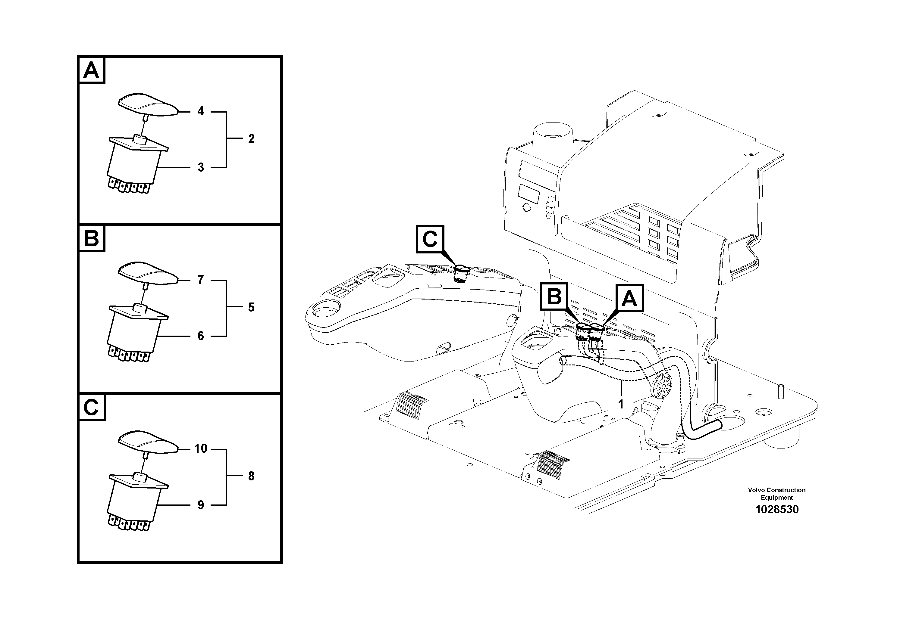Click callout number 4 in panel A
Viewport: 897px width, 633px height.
200,111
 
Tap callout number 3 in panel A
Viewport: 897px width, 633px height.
200,167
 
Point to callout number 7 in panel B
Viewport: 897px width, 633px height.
200,280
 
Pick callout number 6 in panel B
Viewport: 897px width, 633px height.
200,336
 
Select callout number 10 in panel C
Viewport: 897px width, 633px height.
201,449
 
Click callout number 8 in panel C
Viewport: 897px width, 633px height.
251,476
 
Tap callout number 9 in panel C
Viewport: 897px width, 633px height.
200,505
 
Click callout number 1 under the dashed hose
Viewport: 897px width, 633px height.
621,404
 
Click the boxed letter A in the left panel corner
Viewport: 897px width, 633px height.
91,70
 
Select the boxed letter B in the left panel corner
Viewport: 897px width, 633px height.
91,238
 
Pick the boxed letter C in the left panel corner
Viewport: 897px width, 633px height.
91,408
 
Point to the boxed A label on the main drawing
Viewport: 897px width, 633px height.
629,299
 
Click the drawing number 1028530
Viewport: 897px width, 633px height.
777,509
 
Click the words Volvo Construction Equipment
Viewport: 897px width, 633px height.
777,494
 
